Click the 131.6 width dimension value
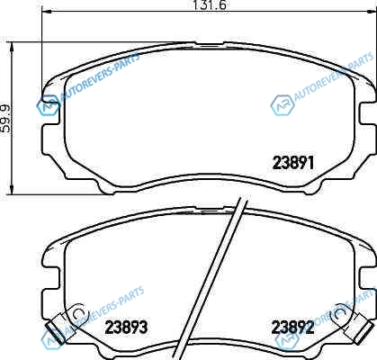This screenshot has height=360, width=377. tap(209, 4)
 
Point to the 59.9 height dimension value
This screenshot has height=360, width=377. tap(5, 119)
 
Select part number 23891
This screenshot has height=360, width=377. tap(293, 163)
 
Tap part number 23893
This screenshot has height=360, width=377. tap(126, 328)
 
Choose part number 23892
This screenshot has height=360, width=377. tap(292, 327)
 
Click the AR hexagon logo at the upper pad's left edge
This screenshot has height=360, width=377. tap(48, 105)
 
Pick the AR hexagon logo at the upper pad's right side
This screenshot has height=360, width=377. tap(282, 105)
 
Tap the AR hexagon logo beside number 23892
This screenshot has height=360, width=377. tap(287, 341)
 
